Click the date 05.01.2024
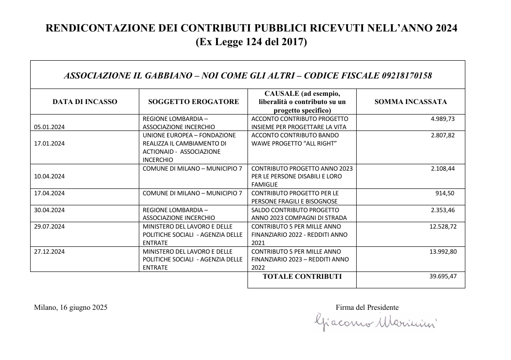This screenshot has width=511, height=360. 49,127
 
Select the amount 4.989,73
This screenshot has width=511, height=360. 443,119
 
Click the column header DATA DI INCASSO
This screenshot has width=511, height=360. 85,102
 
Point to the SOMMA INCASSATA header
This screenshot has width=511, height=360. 411,102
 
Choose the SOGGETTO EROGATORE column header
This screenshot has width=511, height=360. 194,102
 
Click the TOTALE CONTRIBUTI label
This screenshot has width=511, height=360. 302,276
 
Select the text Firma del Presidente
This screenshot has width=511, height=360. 367,308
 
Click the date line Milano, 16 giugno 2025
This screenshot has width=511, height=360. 71,308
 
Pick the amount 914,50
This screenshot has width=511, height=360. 446,193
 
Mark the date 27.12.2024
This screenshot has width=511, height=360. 49,251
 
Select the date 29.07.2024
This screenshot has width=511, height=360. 49,226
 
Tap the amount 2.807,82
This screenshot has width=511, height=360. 443,135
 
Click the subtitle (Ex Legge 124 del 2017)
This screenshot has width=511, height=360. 251,42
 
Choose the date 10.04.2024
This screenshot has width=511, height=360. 49,176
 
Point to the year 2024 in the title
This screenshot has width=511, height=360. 446,28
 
